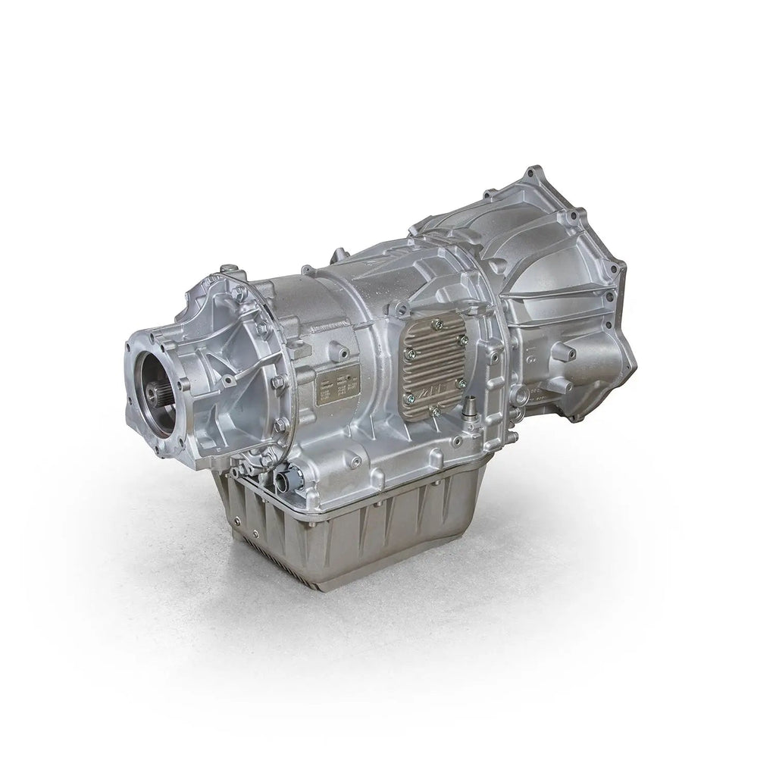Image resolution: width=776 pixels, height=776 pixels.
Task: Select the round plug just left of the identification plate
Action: tap(301, 390)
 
